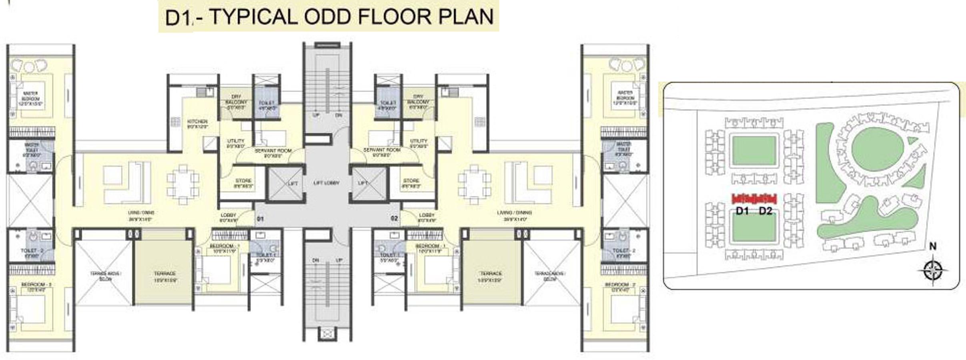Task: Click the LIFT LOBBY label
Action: click(x=326, y=183)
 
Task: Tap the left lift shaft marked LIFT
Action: click(x=285, y=184)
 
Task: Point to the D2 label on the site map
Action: click(x=765, y=211)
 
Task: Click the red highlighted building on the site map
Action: click(x=754, y=199)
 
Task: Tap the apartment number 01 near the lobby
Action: click(x=260, y=219)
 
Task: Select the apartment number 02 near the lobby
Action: click(x=394, y=218)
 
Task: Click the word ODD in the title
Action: click(x=329, y=17)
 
